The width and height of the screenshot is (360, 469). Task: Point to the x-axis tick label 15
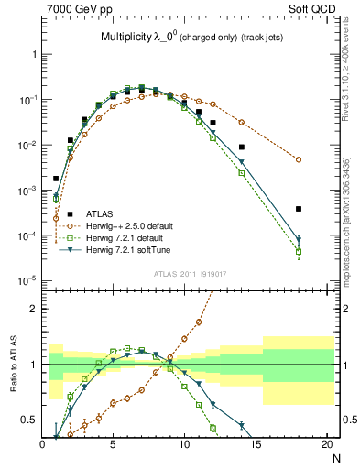pos(256,444)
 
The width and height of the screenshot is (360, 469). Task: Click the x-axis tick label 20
pos(327,444)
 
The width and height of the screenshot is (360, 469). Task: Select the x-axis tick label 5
pos(114,444)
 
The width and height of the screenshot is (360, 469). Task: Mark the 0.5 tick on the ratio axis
pos(30,420)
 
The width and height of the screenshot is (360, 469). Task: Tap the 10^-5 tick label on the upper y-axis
pos(27,280)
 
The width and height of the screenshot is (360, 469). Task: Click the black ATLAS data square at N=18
pos(299,209)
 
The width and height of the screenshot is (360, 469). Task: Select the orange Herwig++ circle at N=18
pos(299,159)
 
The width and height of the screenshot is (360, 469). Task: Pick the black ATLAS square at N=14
pos(242,147)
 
